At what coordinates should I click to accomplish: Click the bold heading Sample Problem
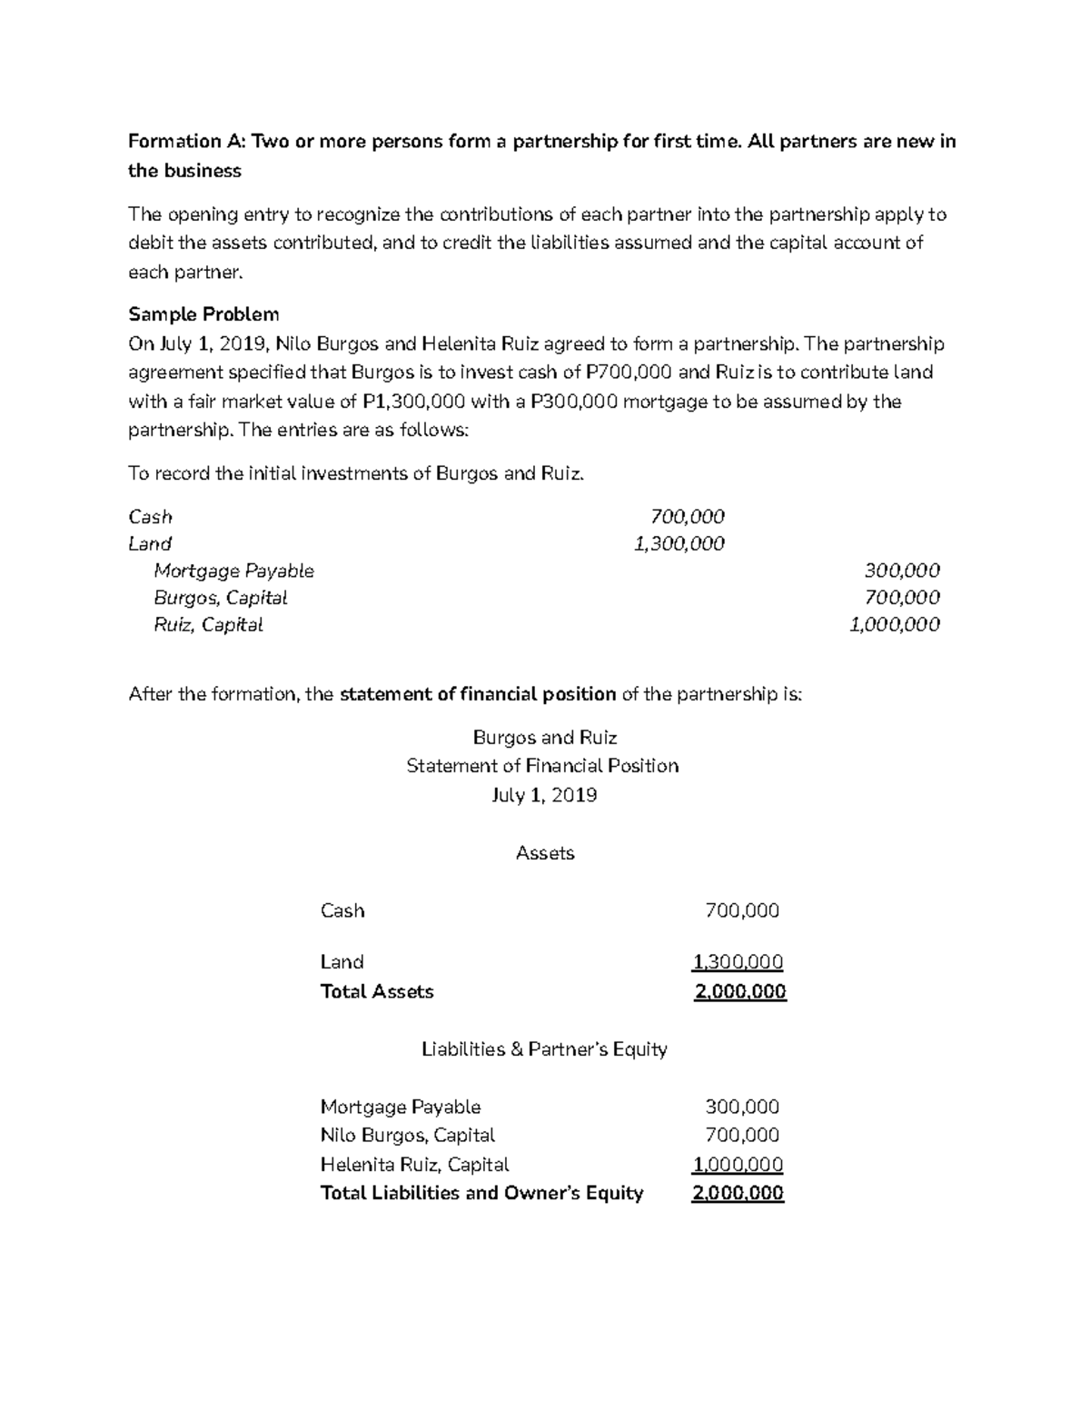pyautogui.click(x=203, y=314)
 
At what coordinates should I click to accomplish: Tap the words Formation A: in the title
pyautogui.click(x=187, y=142)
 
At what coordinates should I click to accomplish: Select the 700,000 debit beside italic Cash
pyautogui.click(x=688, y=517)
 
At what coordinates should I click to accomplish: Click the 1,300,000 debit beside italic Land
pyautogui.click(x=679, y=544)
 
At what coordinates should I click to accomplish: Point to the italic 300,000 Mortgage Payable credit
pyautogui.click(x=902, y=571)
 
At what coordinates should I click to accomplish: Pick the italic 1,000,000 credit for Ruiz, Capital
pyautogui.click(x=894, y=625)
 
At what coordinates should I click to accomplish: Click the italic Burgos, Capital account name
pyautogui.click(x=221, y=598)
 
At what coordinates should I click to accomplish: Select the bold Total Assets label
pyautogui.click(x=377, y=991)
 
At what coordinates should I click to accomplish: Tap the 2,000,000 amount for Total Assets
pyautogui.click(x=740, y=991)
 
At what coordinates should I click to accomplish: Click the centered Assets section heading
pyautogui.click(x=545, y=853)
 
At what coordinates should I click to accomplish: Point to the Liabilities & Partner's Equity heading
pyautogui.click(x=545, y=1049)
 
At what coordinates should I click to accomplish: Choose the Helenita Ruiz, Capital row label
pyautogui.click(x=414, y=1165)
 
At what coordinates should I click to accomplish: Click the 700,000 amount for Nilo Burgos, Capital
pyautogui.click(x=742, y=1135)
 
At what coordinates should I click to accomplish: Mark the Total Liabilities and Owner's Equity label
pyautogui.click(x=481, y=1193)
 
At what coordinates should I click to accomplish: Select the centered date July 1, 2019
pyautogui.click(x=544, y=796)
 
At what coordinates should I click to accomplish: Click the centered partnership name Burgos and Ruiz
pyautogui.click(x=545, y=738)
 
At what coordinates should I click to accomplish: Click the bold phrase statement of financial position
pyautogui.click(x=478, y=695)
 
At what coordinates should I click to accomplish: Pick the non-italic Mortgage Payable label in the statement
pyautogui.click(x=401, y=1107)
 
